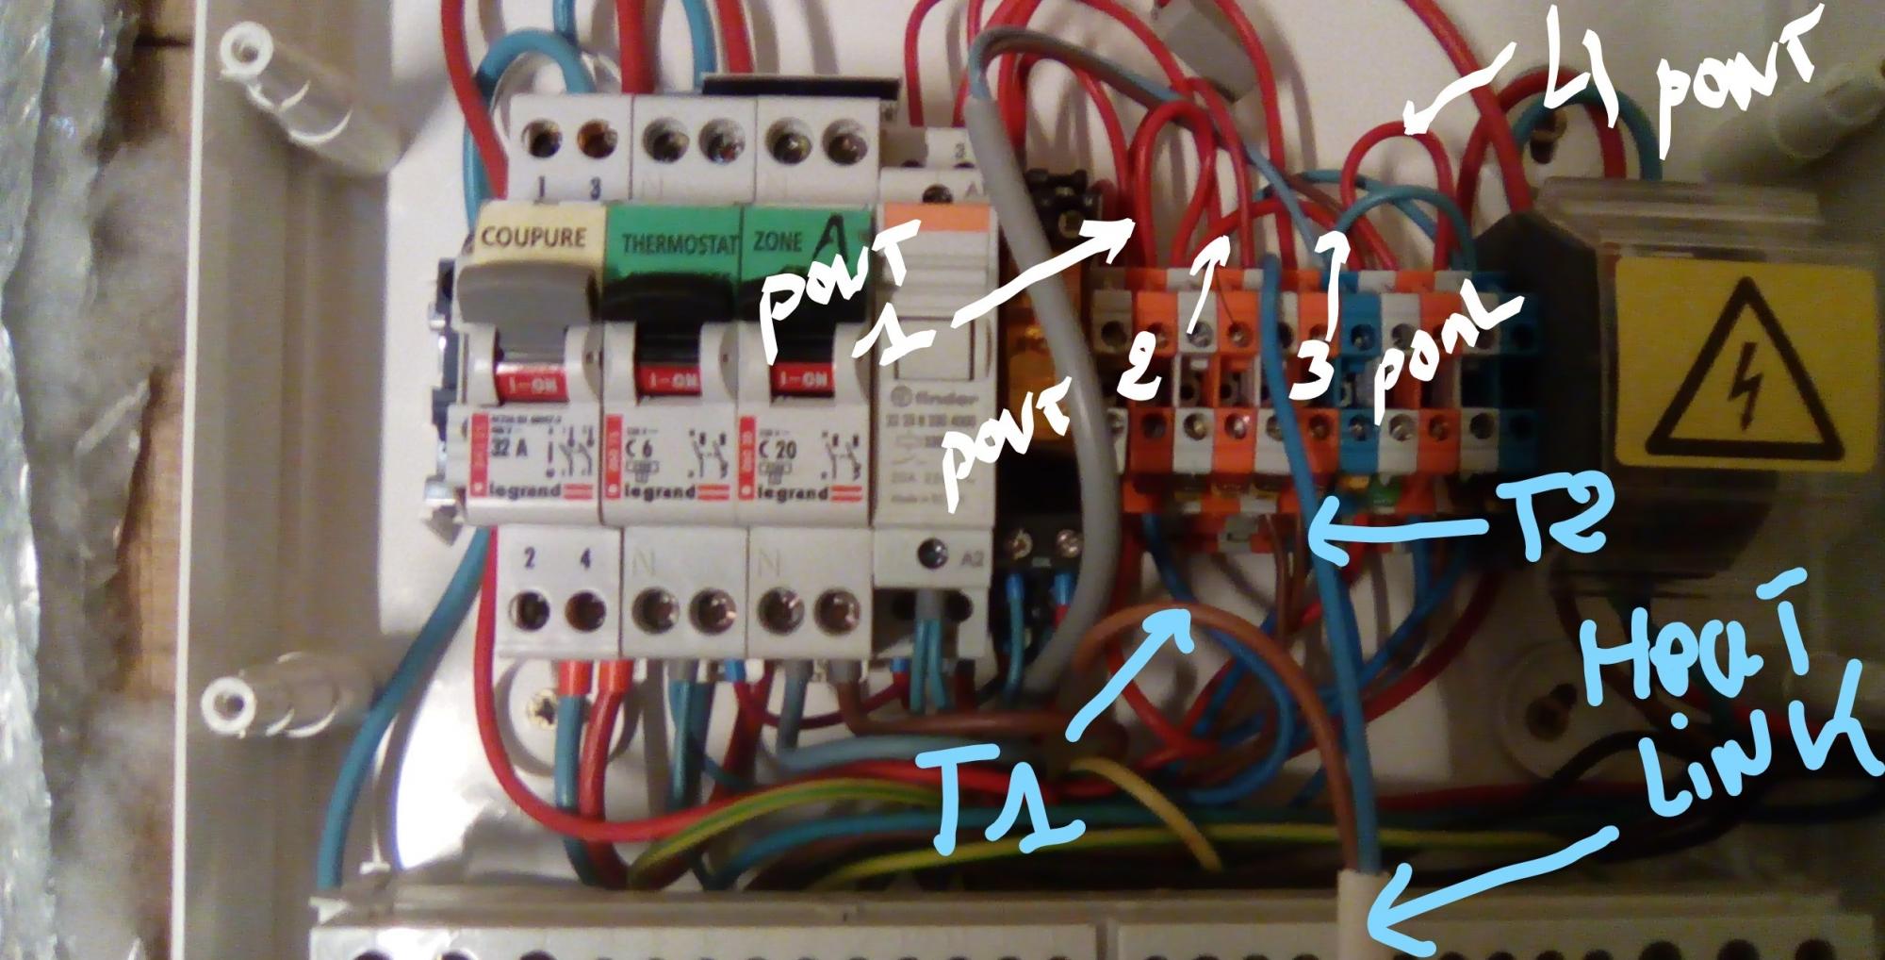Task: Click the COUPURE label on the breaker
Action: coord(533,236)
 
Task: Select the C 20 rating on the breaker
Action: coord(779,450)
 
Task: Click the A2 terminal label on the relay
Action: coord(971,558)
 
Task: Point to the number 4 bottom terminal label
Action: coord(585,559)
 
